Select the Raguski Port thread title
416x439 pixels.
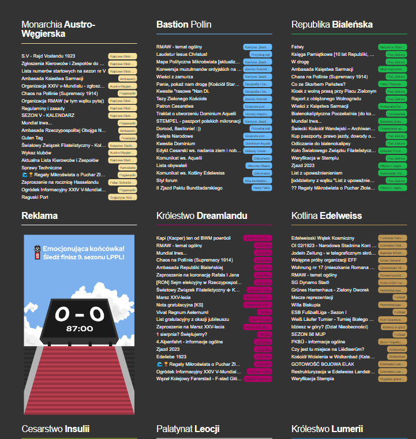pos(36,196)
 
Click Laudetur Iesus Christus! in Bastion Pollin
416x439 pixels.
pos(182,54)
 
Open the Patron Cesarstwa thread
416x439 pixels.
pos(175,106)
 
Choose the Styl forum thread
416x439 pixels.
pos(167,180)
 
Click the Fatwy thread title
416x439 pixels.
pos(298,46)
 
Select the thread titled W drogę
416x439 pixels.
pos(300,60)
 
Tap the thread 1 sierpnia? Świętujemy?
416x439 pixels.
pos(182,334)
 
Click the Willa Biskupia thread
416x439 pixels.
pos(305,304)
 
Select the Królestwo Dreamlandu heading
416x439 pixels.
pos(202,215)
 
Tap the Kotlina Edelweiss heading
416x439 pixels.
pos(327,215)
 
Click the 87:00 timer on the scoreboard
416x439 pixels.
pos(80,328)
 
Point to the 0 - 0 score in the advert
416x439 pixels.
pos(80,313)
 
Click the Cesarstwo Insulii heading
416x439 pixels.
pos(55,429)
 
